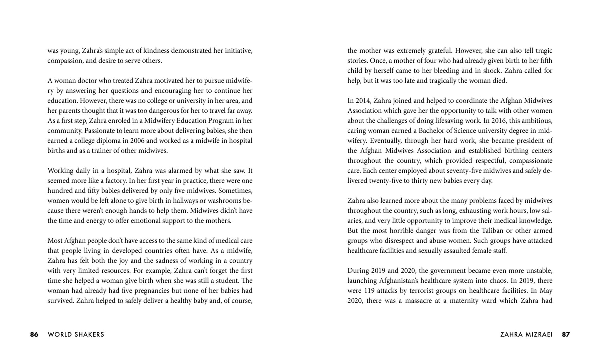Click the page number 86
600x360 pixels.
[x=34, y=334]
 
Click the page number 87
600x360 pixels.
[x=566, y=334]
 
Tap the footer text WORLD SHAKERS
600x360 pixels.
[x=76, y=334]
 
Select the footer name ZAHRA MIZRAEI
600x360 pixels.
[x=526, y=334]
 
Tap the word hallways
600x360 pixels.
[x=186, y=201]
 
